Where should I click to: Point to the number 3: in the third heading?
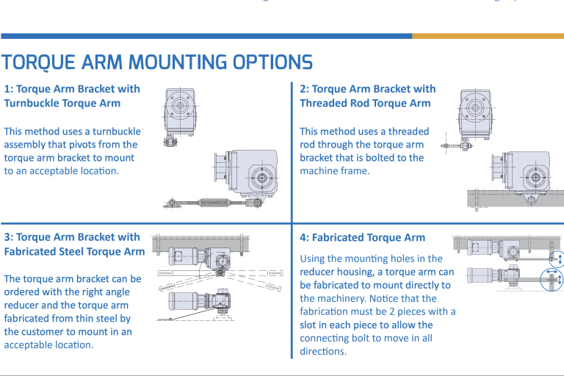tap(9, 237)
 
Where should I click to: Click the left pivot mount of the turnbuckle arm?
tap(171, 203)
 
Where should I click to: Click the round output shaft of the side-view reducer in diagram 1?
tap(264, 177)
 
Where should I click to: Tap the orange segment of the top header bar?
tap(488, 35)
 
